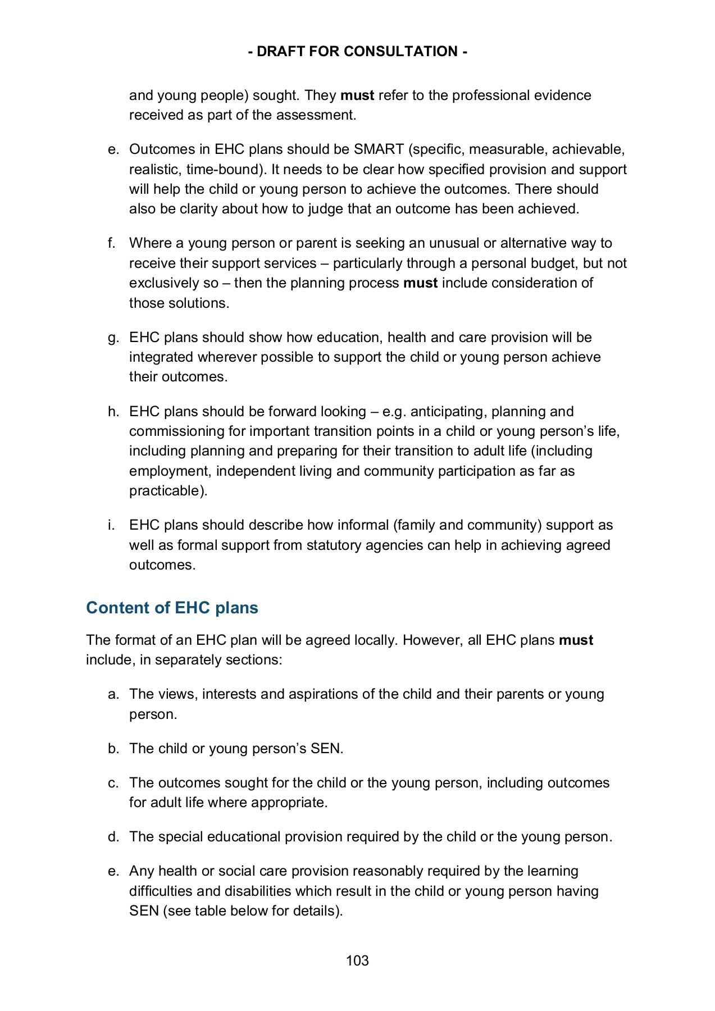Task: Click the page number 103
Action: click(357, 960)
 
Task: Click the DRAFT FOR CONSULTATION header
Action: click(357, 52)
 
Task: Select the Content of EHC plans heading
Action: click(172, 608)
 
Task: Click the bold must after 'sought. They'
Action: click(357, 95)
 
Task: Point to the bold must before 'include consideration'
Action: click(420, 283)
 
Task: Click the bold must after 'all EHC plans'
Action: click(576, 640)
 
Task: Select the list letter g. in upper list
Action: click(113, 338)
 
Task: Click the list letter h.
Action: click(113, 412)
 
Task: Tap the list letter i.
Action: click(112, 525)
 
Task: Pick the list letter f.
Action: click(112, 243)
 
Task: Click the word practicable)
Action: click(168, 491)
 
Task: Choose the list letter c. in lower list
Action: click(113, 783)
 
